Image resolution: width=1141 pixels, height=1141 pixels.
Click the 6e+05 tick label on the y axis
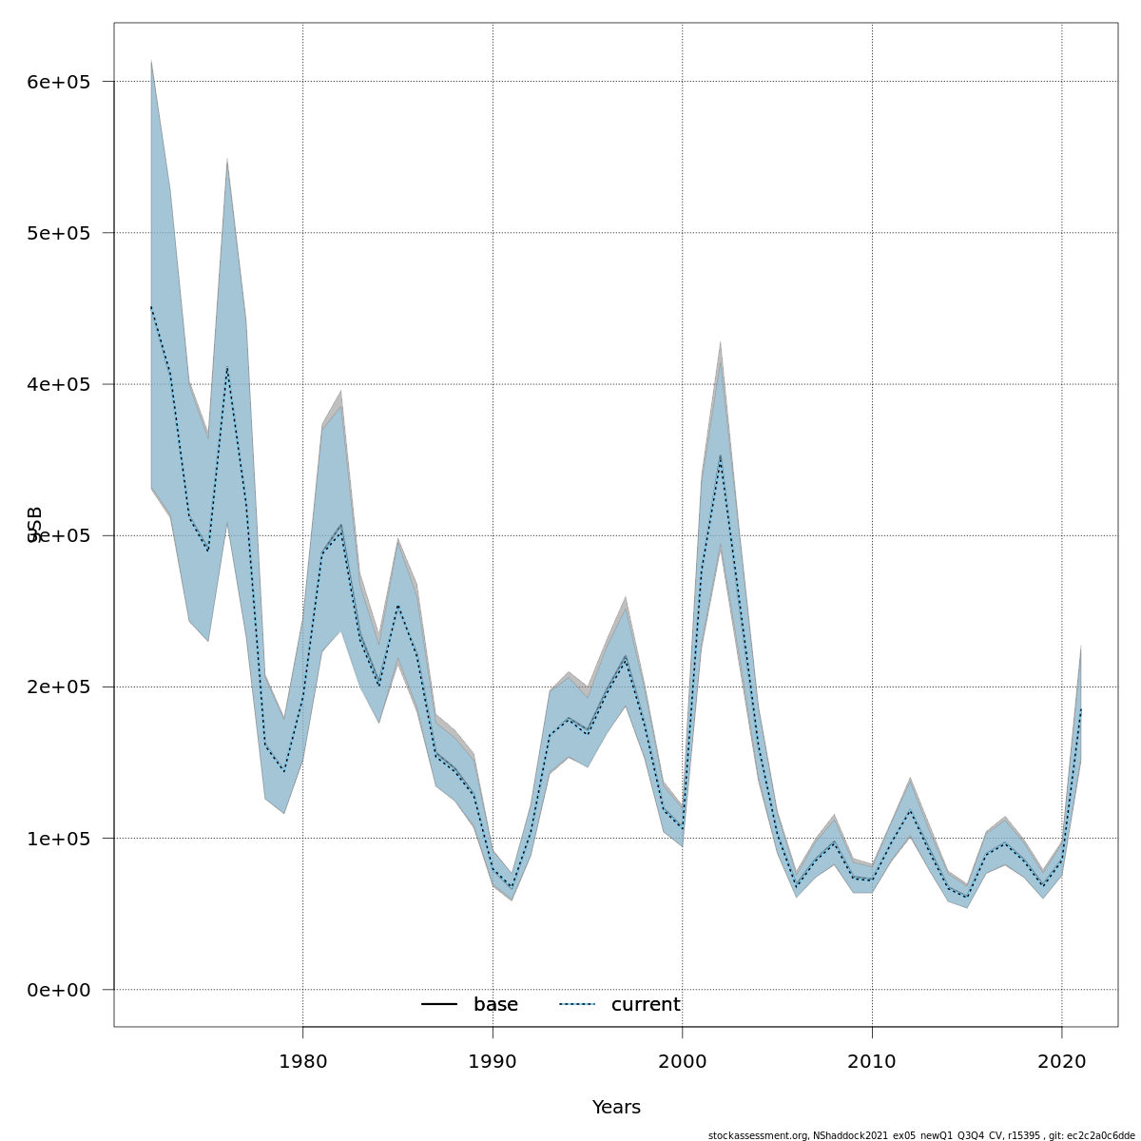(x=59, y=82)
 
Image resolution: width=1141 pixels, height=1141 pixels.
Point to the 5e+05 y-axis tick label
(x=59, y=233)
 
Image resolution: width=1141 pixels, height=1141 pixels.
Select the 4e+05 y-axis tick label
(x=59, y=384)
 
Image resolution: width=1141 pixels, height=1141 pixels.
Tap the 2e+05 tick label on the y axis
(x=59, y=687)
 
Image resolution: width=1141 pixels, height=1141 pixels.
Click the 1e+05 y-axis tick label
(x=59, y=839)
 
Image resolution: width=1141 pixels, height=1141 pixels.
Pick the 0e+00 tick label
(x=59, y=990)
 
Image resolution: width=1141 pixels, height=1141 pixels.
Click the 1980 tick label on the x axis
(x=302, y=1061)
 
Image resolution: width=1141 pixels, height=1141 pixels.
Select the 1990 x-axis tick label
(x=493, y=1061)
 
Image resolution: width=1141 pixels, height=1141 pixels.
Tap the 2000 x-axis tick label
(x=682, y=1061)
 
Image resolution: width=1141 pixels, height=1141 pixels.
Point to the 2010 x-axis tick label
(x=872, y=1061)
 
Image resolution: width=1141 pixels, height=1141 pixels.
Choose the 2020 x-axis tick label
(x=1061, y=1061)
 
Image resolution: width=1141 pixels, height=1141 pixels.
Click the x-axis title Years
(x=616, y=1108)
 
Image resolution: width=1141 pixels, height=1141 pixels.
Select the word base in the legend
(x=495, y=1005)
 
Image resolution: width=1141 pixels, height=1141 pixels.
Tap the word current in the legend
(x=646, y=1005)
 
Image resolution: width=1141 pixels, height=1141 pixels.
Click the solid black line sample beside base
(x=440, y=1005)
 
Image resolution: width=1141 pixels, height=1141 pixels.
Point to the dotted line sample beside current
(x=577, y=1005)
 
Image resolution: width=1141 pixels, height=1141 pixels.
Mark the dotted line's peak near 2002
(x=720, y=455)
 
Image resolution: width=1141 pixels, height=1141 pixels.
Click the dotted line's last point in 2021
(x=1080, y=708)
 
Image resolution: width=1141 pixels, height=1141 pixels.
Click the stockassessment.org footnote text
(x=920, y=1135)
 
